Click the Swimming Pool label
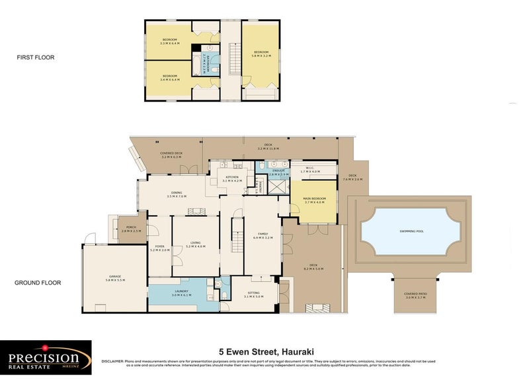point(411,231)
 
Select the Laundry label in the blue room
point(182,293)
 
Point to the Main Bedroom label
point(314,200)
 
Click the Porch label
point(131,229)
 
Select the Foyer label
point(160,248)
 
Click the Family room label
point(262,234)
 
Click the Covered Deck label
point(171,154)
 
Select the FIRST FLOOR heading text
point(35,57)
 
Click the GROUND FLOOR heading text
point(38,283)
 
